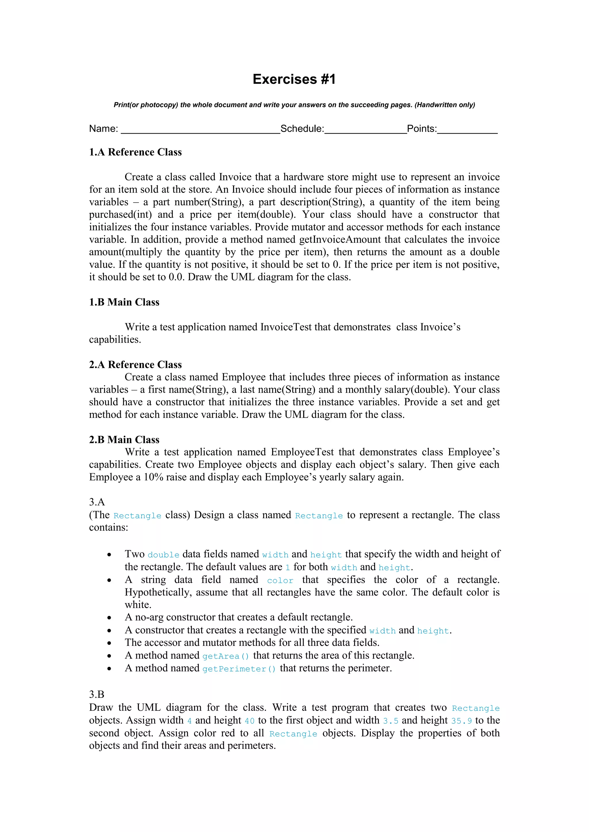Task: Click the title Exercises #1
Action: pyautogui.click(x=294, y=79)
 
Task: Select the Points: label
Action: pyautogui.click(x=422, y=129)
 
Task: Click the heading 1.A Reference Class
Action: pyautogui.click(x=135, y=152)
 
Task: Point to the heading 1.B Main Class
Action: pyautogui.click(x=124, y=302)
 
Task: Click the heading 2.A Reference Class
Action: pyautogui.click(x=135, y=365)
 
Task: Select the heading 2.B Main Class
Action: pyautogui.click(x=124, y=440)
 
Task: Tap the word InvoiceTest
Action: pyautogui.click(x=286, y=327)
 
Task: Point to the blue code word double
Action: pyautogui.click(x=163, y=555)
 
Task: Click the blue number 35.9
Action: pyautogui.click(x=461, y=721)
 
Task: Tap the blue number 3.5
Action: pyautogui.click(x=391, y=721)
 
